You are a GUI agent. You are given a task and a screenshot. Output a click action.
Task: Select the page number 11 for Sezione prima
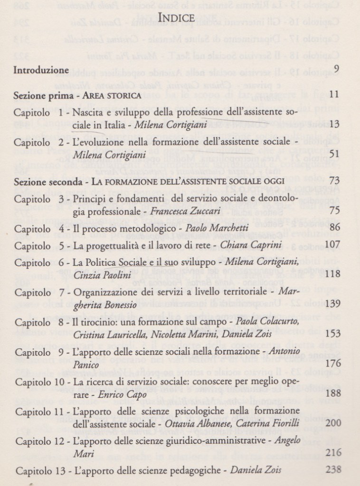[334, 94]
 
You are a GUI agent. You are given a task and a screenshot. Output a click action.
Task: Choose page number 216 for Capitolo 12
[331, 452]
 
